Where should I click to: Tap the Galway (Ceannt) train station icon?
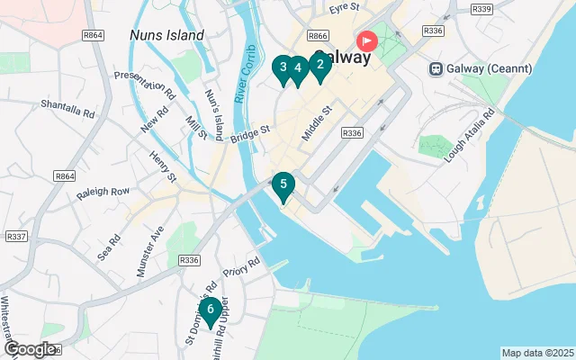tap(436, 68)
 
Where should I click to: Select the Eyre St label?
tap(344, 8)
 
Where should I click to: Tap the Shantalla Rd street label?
tap(67, 109)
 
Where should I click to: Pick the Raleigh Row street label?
tap(103, 191)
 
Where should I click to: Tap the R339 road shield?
tap(481, 9)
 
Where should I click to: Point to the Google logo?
tap(29, 349)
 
